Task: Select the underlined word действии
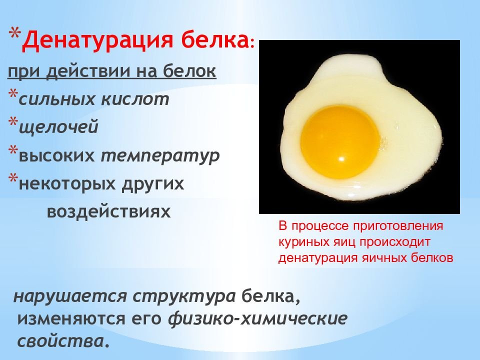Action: tap(89, 71)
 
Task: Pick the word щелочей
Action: tap(59, 127)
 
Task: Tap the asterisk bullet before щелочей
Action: tap(13, 122)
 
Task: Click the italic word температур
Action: tap(160, 156)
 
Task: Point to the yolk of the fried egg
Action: tap(339, 142)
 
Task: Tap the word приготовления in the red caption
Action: tap(398, 226)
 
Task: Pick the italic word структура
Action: tap(184, 296)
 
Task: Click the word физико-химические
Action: tap(258, 318)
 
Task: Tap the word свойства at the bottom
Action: tap(60, 341)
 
